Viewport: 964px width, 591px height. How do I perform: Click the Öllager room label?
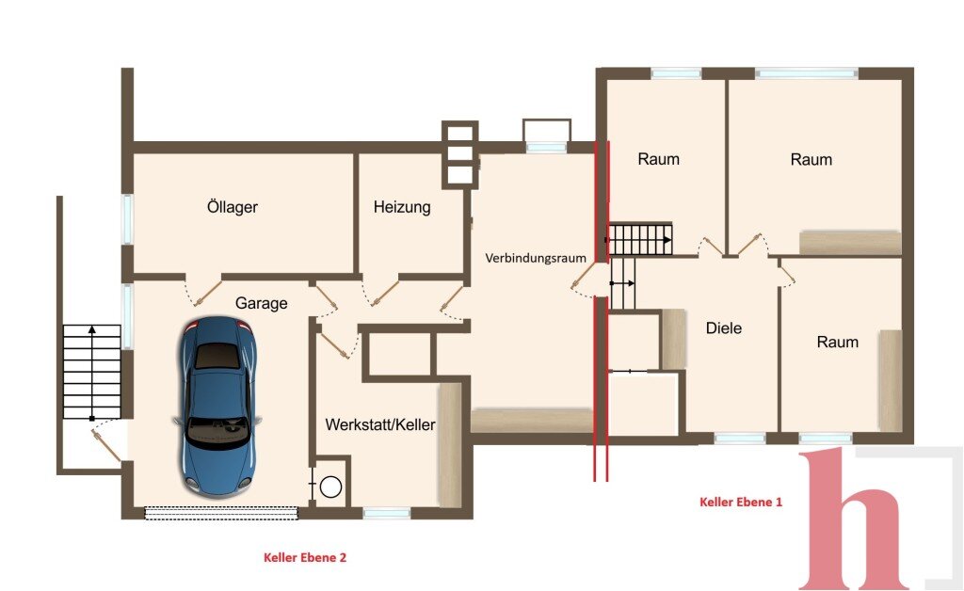[233, 206]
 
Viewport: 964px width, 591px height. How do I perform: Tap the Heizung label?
[402, 207]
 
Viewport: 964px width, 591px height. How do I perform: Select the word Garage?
[262, 303]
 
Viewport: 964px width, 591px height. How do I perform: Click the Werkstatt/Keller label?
[380, 424]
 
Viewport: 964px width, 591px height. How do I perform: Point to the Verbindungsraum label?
[536, 258]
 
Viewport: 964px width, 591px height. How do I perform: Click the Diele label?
[724, 328]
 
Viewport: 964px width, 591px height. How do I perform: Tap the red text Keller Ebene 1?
[741, 502]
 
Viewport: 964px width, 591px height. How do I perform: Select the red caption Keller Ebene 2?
[305, 557]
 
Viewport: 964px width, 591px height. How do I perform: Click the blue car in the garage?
[218, 406]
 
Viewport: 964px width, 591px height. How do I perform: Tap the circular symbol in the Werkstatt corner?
[330, 487]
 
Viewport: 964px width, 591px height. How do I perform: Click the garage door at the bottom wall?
[221, 512]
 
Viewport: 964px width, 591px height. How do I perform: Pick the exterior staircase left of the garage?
[92, 372]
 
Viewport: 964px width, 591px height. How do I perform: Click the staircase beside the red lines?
[639, 239]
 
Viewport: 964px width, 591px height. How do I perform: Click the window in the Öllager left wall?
[127, 219]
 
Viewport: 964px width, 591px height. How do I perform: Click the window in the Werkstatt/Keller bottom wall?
[387, 513]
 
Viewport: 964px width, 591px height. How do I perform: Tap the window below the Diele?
[740, 439]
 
